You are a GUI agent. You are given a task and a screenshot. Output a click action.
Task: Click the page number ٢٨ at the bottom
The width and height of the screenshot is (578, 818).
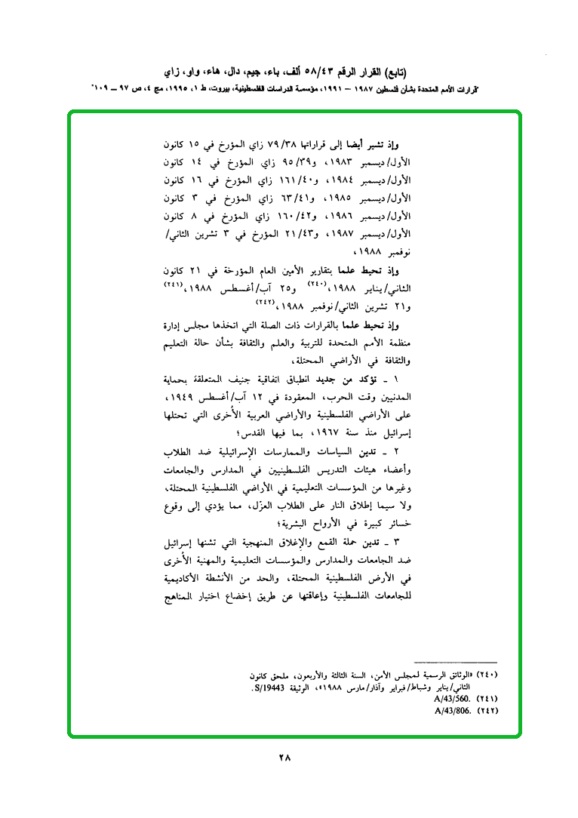point(284,758)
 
